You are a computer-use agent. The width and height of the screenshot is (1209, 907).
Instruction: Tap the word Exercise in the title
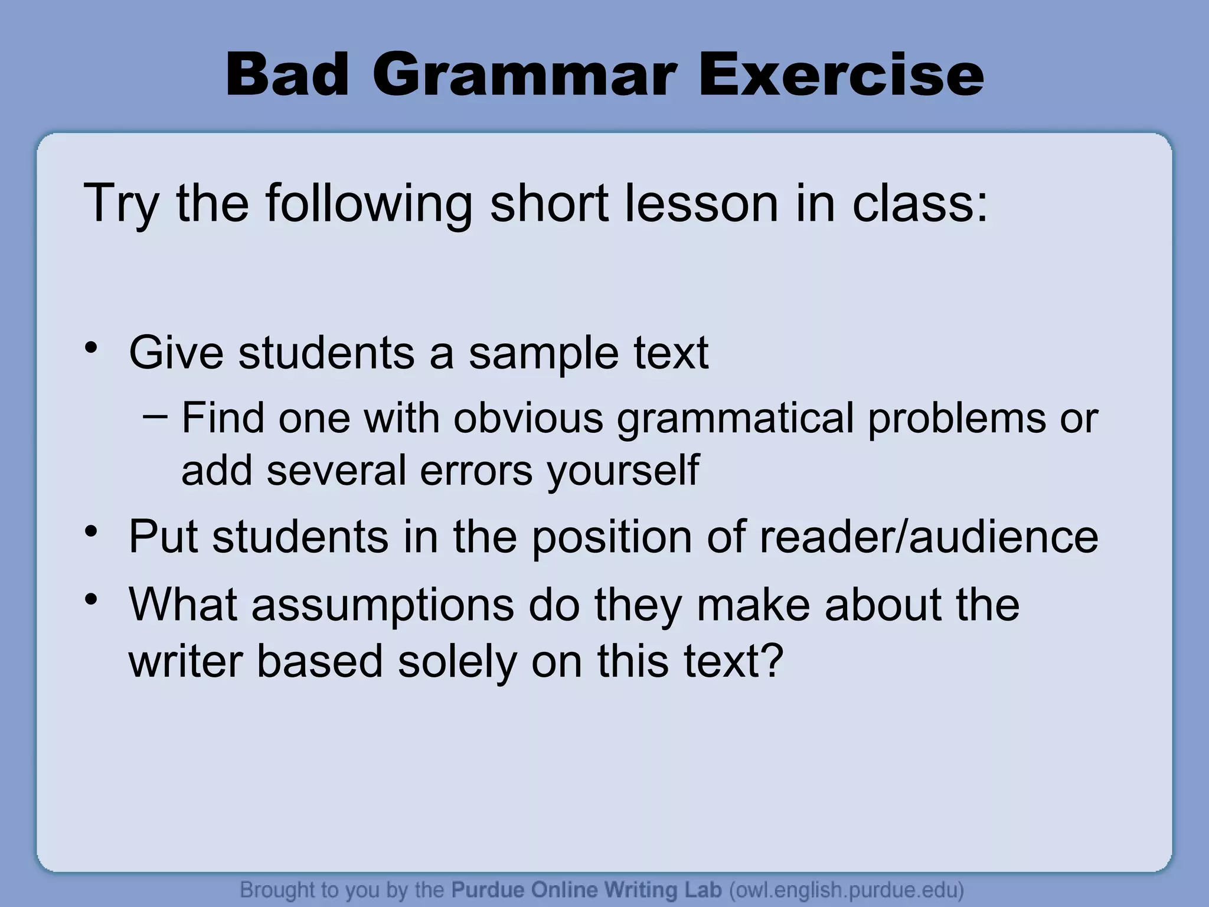841,76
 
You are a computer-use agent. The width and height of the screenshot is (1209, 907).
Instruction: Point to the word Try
121,204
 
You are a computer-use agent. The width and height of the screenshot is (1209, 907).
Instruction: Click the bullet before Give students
90,348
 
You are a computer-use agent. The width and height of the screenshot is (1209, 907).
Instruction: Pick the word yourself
623,471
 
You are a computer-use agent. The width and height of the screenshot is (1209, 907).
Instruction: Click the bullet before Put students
90,531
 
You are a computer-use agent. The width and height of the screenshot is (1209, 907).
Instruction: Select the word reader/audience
929,537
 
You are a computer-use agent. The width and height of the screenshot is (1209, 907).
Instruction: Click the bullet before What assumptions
90,600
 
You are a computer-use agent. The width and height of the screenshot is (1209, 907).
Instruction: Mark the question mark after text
772,660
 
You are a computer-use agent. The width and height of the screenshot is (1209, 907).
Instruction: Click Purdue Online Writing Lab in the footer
586,890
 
